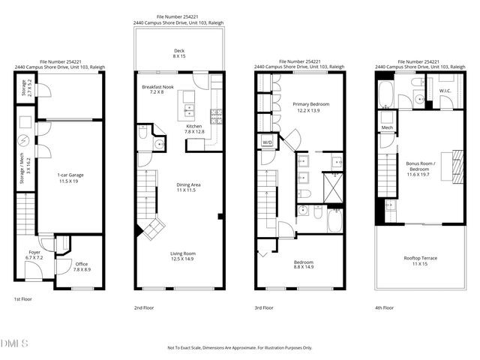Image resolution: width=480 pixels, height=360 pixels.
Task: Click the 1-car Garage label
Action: tap(70, 177)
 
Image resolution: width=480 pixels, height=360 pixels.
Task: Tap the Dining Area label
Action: tap(188, 187)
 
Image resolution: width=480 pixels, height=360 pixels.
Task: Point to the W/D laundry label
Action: tap(266, 142)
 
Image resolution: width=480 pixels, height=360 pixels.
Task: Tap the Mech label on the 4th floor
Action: tap(387, 127)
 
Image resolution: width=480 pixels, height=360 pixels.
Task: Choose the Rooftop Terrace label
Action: tap(421, 260)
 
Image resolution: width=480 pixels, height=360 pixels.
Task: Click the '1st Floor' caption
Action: tap(23, 299)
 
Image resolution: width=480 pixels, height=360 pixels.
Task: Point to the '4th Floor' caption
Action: tap(384, 307)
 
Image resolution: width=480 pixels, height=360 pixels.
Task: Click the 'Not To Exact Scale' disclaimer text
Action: tap(239, 348)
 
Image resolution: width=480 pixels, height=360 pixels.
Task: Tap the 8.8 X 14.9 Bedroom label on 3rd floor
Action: tap(304, 264)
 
